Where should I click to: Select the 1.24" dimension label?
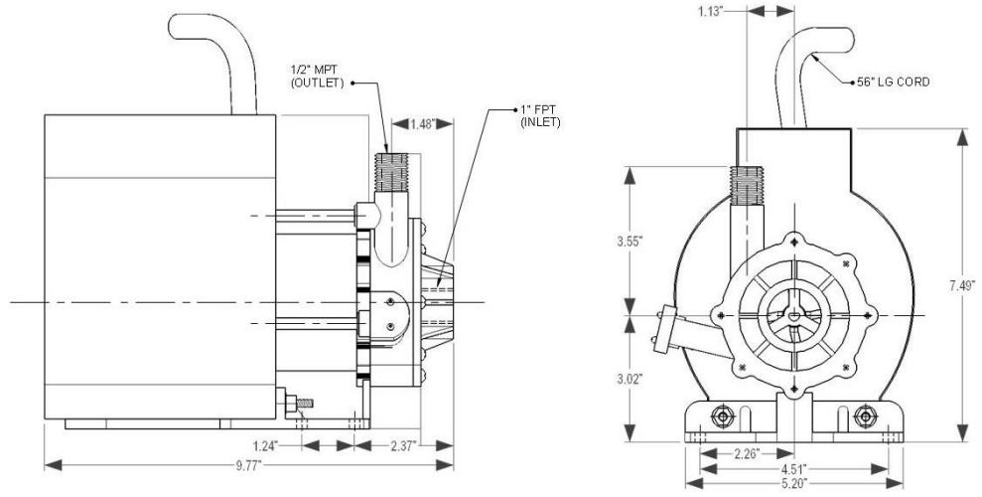263,443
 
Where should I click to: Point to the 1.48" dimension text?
422,125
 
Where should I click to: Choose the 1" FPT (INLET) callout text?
541,115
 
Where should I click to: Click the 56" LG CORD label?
893,83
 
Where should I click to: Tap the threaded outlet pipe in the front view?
746,199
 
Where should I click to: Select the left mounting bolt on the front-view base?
724,414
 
